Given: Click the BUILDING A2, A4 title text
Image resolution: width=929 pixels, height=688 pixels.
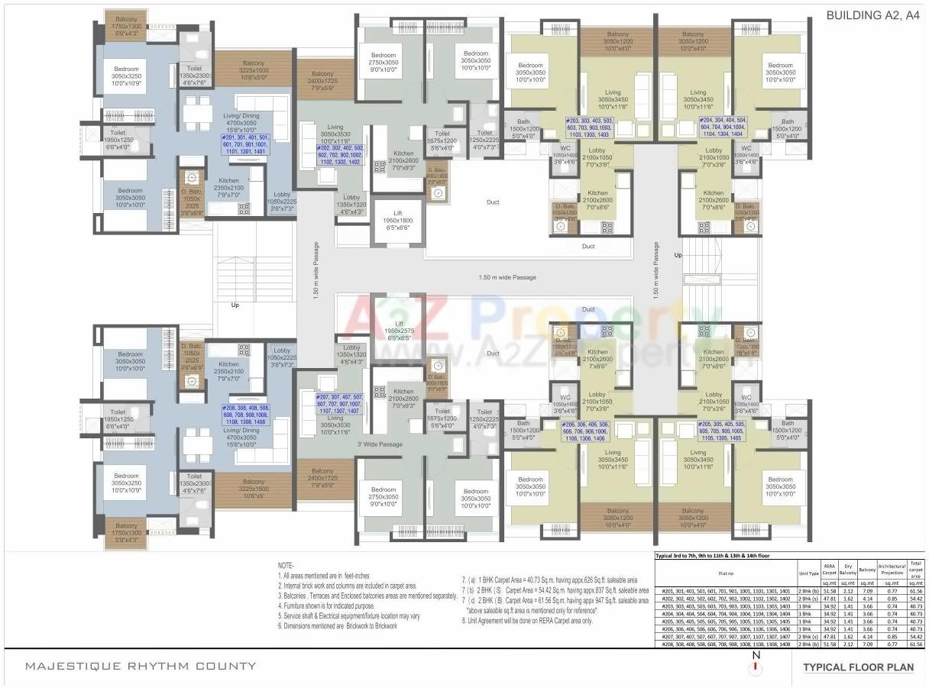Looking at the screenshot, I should pos(872,15).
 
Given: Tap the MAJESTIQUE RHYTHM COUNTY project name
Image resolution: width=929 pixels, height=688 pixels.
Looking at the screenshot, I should pos(141,666).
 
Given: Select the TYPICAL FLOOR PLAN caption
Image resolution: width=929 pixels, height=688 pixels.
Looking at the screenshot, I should pos(857,667).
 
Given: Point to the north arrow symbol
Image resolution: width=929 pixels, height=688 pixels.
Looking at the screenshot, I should pos(756,664).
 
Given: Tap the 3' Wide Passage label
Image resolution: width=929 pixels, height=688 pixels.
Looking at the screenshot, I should pos(380,444).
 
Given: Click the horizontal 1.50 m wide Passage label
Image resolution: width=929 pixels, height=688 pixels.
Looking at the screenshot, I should pos(507,277).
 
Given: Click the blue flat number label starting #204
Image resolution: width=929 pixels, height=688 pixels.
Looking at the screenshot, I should pos(721,127).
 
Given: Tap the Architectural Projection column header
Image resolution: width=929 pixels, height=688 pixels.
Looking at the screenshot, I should pos(891,569).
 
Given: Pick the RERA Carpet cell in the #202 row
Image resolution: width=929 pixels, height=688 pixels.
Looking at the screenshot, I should pos(830,599).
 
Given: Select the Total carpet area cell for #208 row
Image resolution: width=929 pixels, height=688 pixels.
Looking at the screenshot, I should pos(916,644).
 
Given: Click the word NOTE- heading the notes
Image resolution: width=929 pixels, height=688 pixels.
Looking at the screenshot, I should pos(285,565).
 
